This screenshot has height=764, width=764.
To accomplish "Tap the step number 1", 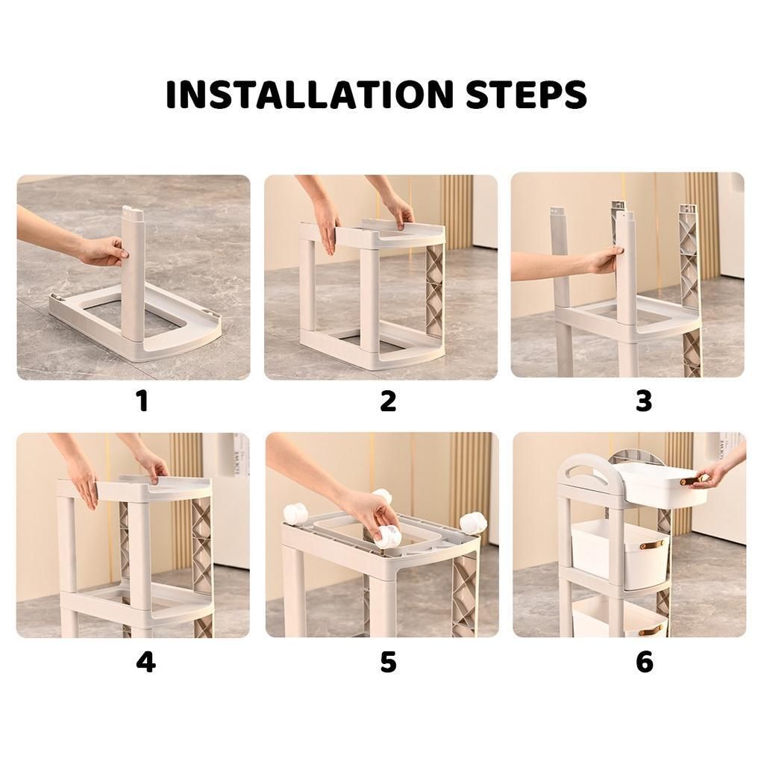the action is click(x=143, y=401).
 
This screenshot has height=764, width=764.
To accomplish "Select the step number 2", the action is click(x=388, y=401).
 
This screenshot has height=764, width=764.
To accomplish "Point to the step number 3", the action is click(x=643, y=401).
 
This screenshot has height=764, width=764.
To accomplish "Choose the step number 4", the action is click(x=145, y=663).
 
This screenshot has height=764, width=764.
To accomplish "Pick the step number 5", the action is click(x=388, y=663).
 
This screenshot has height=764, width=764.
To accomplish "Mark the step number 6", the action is click(x=644, y=663).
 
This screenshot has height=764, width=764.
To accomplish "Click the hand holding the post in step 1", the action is click(x=102, y=251).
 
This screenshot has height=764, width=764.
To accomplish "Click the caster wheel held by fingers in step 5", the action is click(x=387, y=535).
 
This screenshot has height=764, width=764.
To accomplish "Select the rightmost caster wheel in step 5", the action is click(x=473, y=522).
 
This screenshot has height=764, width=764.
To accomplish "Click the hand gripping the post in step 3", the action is click(x=604, y=260).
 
